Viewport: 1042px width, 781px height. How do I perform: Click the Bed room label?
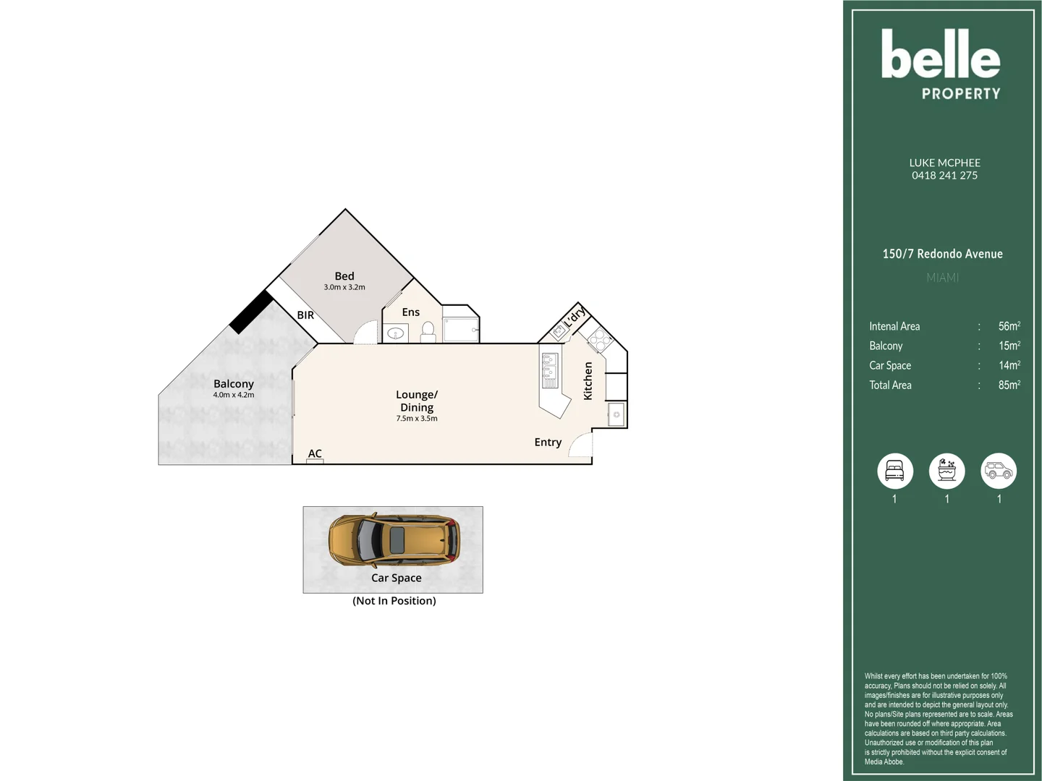pyautogui.click(x=344, y=276)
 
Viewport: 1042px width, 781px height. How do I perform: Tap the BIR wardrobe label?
pyautogui.click(x=305, y=315)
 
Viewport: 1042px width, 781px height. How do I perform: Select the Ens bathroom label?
pyautogui.click(x=410, y=312)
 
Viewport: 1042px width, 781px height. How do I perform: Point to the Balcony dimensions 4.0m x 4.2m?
pyautogui.click(x=234, y=396)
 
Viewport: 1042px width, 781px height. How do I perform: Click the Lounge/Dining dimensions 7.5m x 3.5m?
pyautogui.click(x=417, y=419)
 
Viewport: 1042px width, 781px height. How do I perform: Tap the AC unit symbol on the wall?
pyautogui.click(x=315, y=461)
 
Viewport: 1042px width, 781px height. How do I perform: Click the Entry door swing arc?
pyautogui.click(x=579, y=445)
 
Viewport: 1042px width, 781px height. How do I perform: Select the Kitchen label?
pyautogui.click(x=588, y=381)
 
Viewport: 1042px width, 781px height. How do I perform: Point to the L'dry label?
pyautogui.click(x=574, y=317)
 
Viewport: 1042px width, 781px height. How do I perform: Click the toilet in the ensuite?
pyautogui.click(x=428, y=331)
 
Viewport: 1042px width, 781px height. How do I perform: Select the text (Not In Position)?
pyautogui.click(x=394, y=601)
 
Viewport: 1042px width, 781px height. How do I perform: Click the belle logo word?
pyautogui.click(x=940, y=55)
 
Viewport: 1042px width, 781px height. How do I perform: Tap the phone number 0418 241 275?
pyautogui.click(x=944, y=176)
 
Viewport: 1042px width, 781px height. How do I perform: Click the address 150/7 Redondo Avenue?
pyautogui.click(x=942, y=254)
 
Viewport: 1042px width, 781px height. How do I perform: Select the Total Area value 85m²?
pyautogui.click(x=1009, y=385)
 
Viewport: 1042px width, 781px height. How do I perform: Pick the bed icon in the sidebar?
pyautogui.click(x=895, y=471)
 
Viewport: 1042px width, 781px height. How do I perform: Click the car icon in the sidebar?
pyautogui.click(x=999, y=471)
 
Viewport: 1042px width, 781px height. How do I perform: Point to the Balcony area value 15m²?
pyautogui.click(x=1009, y=346)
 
